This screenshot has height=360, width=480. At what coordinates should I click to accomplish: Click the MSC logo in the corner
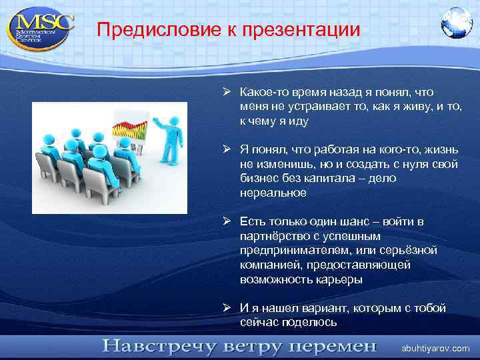pyautogui.click(x=41, y=27)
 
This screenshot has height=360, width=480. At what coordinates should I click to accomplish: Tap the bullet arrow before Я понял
pyautogui.click(x=227, y=151)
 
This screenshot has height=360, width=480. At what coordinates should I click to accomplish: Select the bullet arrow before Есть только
pyautogui.click(x=227, y=221)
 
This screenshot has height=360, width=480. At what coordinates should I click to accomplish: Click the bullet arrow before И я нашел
pyautogui.click(x=227, y=308)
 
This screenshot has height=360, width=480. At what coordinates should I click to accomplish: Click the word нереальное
pyautogui.click(x=273, y=193)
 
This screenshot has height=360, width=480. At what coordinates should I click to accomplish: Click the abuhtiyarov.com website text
pyautogui.click(x=435, y=348)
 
